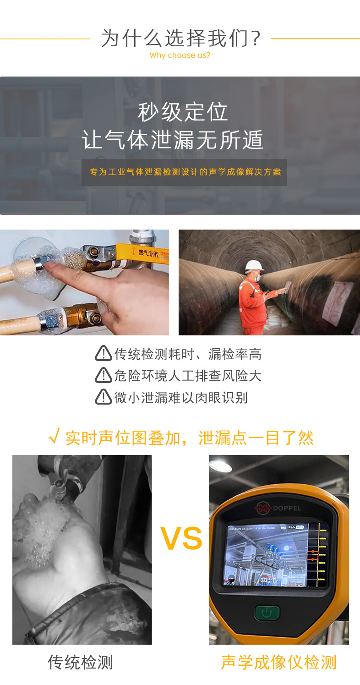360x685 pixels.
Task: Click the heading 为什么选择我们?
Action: (181, 38)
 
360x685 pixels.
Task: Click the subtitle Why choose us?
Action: (180, 55)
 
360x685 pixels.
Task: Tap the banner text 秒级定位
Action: (183, 113)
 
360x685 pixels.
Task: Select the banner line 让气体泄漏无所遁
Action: (173, 140)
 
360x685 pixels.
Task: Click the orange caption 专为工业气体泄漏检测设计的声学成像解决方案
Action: (185, 172)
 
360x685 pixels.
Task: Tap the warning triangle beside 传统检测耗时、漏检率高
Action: (103, 353)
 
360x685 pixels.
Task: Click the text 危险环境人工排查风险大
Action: (187, 376)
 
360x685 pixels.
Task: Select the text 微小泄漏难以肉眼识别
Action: (180, 397)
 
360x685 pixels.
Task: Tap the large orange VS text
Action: (181, 539)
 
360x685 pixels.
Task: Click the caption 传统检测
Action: (80, 663)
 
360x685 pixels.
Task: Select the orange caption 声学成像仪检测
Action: (278, 663)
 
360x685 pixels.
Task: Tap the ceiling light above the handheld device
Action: (221, 466)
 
